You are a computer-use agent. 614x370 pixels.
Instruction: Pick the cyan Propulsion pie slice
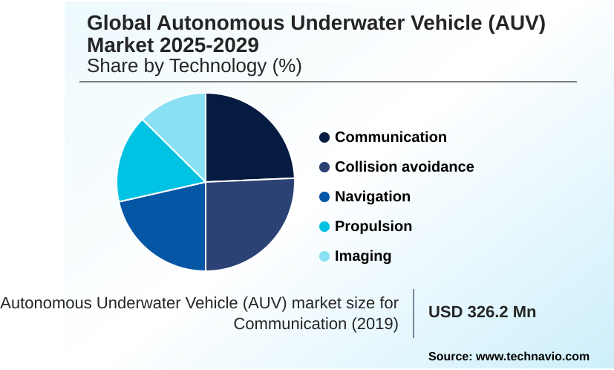(x=145, y=163)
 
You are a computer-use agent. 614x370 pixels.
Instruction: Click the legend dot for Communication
(x=324, y=137)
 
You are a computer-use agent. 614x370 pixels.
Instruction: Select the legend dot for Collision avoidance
(x=324, y=167)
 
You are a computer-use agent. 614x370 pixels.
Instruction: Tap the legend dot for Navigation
(x=324, y=197)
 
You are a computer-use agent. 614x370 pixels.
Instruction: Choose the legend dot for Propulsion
(x=324, y=227)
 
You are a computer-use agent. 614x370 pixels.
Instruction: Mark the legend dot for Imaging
(x=324, y=256)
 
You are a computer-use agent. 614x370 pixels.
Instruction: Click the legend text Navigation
(x=373, y=197)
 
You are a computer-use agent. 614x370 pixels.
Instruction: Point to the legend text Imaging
(x=363, y=256)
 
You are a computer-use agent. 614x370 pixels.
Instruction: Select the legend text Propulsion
(x=373, y=227)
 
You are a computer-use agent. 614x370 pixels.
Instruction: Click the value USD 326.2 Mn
(x=482, y=312)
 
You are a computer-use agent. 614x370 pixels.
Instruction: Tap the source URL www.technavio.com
(x=532, y=357)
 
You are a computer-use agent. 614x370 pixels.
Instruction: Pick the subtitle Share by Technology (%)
(x=195, y=66)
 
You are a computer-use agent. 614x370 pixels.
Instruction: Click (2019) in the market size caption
(x=375, y=325)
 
